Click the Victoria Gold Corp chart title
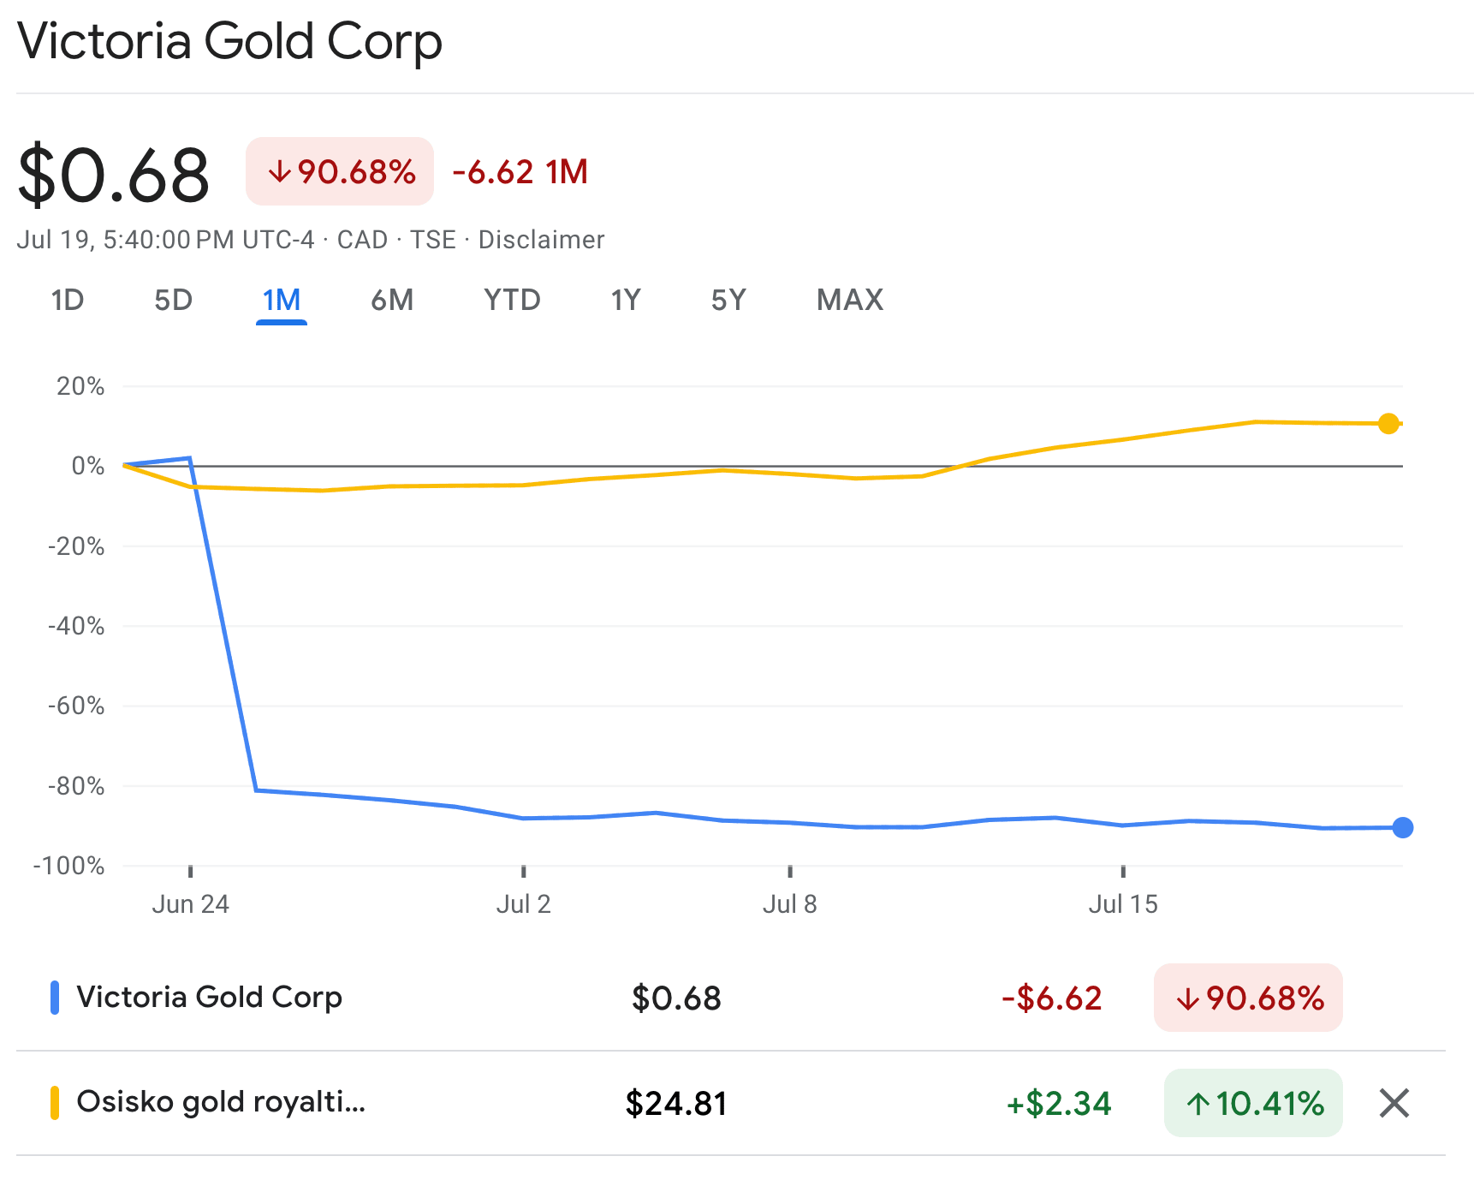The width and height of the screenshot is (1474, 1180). point(229,41)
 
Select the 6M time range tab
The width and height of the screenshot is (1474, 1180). point(392,301)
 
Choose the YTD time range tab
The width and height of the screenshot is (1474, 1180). point(512,301)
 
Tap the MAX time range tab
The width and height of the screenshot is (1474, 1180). point(849,301)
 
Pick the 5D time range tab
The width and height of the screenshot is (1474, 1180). point(173,301)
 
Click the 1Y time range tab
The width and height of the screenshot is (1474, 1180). point(626,301)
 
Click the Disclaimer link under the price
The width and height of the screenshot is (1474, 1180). point(541,240)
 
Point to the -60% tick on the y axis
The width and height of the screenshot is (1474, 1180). point(76,706)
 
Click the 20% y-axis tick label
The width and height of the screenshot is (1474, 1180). point(80,387)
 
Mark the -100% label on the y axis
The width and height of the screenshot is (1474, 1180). point(69,866)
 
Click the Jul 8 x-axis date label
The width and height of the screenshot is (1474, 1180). point(789,904)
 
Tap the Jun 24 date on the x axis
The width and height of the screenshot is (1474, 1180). point(190,904)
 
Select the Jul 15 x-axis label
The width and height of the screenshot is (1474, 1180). point(1122,904)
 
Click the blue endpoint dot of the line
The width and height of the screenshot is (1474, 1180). point(1402,827)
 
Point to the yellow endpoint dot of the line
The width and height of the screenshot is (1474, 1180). point(1388,424)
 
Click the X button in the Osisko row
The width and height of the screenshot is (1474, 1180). point(1394,1103)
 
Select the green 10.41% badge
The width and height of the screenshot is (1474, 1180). point(1253,1103)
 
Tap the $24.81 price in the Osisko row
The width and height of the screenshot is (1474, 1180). point(676,1103)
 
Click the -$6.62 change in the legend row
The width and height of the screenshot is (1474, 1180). point(1051,998)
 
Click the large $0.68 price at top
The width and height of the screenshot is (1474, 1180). point(113,175)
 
